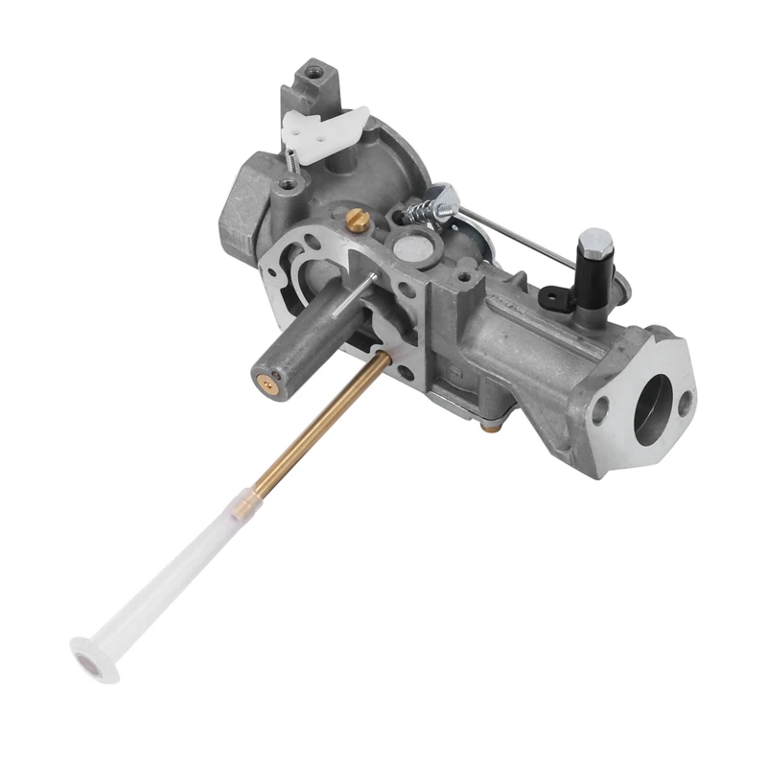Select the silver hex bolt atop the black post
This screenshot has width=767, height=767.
click(x=593, y=241)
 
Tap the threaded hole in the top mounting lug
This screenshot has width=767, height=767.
click(x=312, y=71)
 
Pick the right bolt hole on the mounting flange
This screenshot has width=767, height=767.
click(x=685, y=405)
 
